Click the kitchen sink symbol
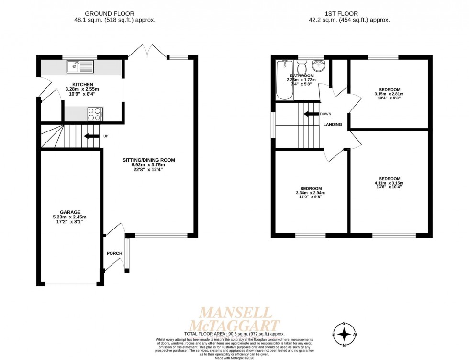[80, 66]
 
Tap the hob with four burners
[95, 114]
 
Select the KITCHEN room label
[82, 84]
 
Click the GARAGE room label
[70, 212]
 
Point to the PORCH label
[114, 253]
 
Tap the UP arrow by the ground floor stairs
[89, 136]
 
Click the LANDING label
[333, 124]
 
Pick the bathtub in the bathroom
[284, 80]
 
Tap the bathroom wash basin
[317, 65]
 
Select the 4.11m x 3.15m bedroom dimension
[389, 183]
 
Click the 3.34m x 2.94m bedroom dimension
[311, 193]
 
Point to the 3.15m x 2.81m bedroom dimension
[389, 94]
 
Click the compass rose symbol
[344, 333]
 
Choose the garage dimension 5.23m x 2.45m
[70, 217]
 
